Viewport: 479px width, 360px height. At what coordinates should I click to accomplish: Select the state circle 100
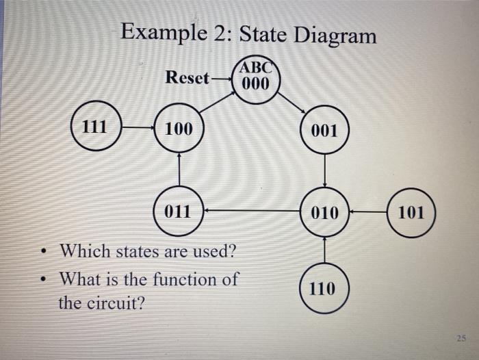pos(179,128)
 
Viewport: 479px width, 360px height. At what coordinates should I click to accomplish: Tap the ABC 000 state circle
pos(257,79)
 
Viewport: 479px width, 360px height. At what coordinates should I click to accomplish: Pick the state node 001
pos(324,130)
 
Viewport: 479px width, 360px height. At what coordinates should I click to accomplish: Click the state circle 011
pos(179,210)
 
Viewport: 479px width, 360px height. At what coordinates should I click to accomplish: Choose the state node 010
pos(324,212)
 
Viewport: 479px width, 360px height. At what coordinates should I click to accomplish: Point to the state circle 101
pos(411,212)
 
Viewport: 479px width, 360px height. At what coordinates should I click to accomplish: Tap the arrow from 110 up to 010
pos(324,250)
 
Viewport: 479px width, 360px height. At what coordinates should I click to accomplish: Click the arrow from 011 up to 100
pos(179,168)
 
